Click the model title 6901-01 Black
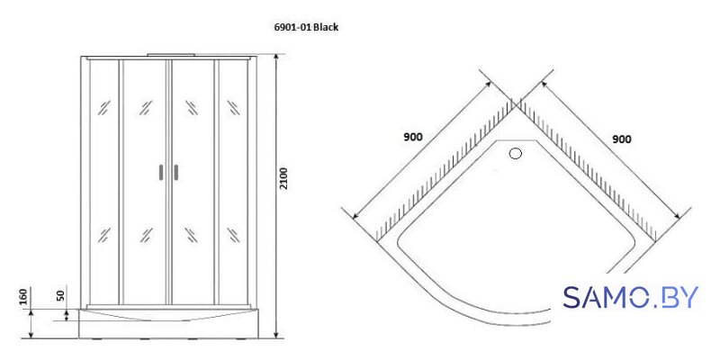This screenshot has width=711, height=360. tap(306, 27)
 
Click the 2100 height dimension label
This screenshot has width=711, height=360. tap(283, 178)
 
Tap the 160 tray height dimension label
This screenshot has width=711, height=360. tap(23, 296)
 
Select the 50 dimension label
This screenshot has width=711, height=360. tap(61, 296)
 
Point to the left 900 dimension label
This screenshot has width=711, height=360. tap(412, 137)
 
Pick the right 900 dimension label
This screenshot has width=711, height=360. tap(622, 139)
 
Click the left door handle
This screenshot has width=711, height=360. tap(161, 172)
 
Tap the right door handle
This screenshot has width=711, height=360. tap(175, 172)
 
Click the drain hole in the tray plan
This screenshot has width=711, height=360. tap(516, 154)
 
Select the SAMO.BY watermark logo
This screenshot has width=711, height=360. tap(631, 298)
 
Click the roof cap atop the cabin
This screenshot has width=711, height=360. tap(171, 55)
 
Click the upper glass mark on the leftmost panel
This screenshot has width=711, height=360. tap(104, 108)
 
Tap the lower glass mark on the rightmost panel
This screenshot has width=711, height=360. tap(233, 235)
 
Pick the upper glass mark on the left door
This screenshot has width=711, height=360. tap(146, 108)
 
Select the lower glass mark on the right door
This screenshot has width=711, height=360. tap(192, 235)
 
